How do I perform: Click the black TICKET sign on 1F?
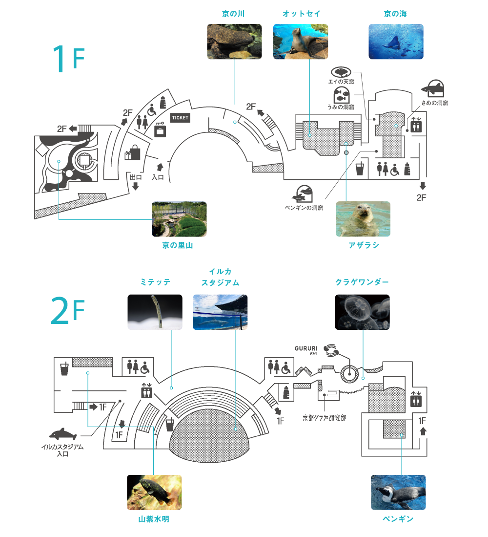(180, 118)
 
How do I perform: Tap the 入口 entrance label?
(157, 177)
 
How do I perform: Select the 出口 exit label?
(135, 177)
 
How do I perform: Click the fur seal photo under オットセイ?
(300, 42)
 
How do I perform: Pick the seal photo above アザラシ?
(363, 219)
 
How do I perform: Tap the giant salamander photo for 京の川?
(234, 42)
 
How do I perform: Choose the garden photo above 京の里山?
(179, 219)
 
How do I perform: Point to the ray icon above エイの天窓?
(341, 72)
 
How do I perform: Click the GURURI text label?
(306, 348)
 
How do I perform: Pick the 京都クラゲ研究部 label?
(324, 417)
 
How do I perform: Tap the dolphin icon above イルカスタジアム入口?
(63, 433)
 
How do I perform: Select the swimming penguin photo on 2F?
(398, 493)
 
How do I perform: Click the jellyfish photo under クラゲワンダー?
(362, 312)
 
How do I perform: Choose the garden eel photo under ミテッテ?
(155, 312)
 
